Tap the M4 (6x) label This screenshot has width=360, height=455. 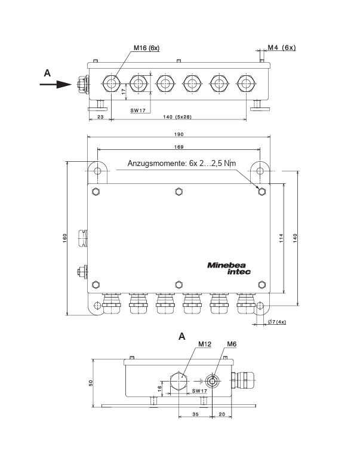[x=281, y=47]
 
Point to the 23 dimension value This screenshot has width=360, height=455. [x=100, y=116]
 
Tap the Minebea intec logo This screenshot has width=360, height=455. [x=229, y=269]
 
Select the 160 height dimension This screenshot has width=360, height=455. [x=64, y=238]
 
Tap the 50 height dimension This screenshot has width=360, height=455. [x=90, y=382]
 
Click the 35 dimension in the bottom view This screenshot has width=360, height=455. [x=196, y=413]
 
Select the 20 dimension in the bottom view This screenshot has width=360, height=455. [x=222, y=413]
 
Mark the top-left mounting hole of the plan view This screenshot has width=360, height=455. [x=98, y=171]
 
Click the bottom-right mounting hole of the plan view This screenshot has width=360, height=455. [x=260, y=307]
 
